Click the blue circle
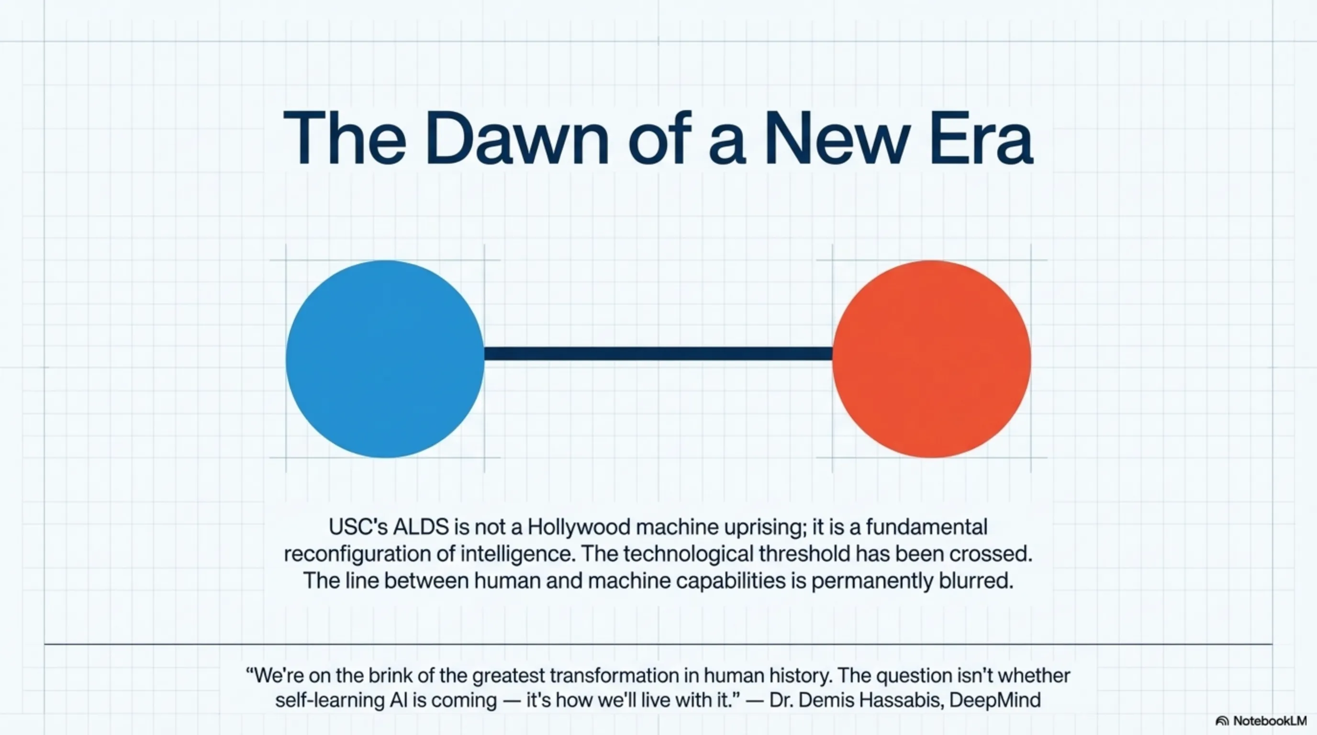pyautogui.click(x=384, y=359)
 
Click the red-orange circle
pyautogui.click(x=931, y=359)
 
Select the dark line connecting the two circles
pyautogui.click(x=658, y=354)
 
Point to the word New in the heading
pyautogui.click(x=837, y=138)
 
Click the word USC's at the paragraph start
pyautogui.click(x=358, y=527)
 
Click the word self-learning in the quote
pyautogui.click(x=329, y=700)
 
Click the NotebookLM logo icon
pyautogui.click(x=1222, y=721)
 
